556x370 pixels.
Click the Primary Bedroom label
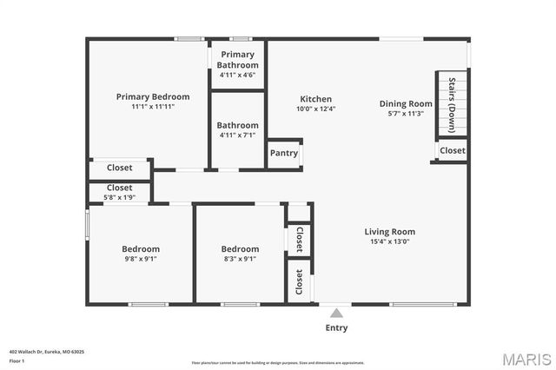(x=153, y=96)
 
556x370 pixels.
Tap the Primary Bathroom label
(x=237, y=60)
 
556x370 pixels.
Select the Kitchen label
(x=316, y=99)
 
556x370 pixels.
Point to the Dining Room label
(x=406, y=104)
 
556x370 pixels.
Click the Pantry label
(x=284, y=154)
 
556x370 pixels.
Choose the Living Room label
(x=389, y=232)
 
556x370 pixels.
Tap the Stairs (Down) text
(x=452, y=103)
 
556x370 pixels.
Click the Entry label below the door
(x=336, y=327)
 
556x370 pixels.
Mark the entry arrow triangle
(x=336, y=311)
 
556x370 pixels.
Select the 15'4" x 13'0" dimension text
(x=389, y=242)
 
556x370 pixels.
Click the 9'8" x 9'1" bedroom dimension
(x=140, y=259)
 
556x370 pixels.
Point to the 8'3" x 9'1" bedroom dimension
(x=240, y=259)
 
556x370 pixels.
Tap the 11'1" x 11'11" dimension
(x=153, y=107)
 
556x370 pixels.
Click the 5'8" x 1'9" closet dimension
(x=119, y=198)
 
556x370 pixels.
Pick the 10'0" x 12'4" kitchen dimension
(x=316, y=109)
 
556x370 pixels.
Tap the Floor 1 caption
(x=17, y=360)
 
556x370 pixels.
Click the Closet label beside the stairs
(x=452, y=150)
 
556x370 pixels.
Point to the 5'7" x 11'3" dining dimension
(x=406, y=114)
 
